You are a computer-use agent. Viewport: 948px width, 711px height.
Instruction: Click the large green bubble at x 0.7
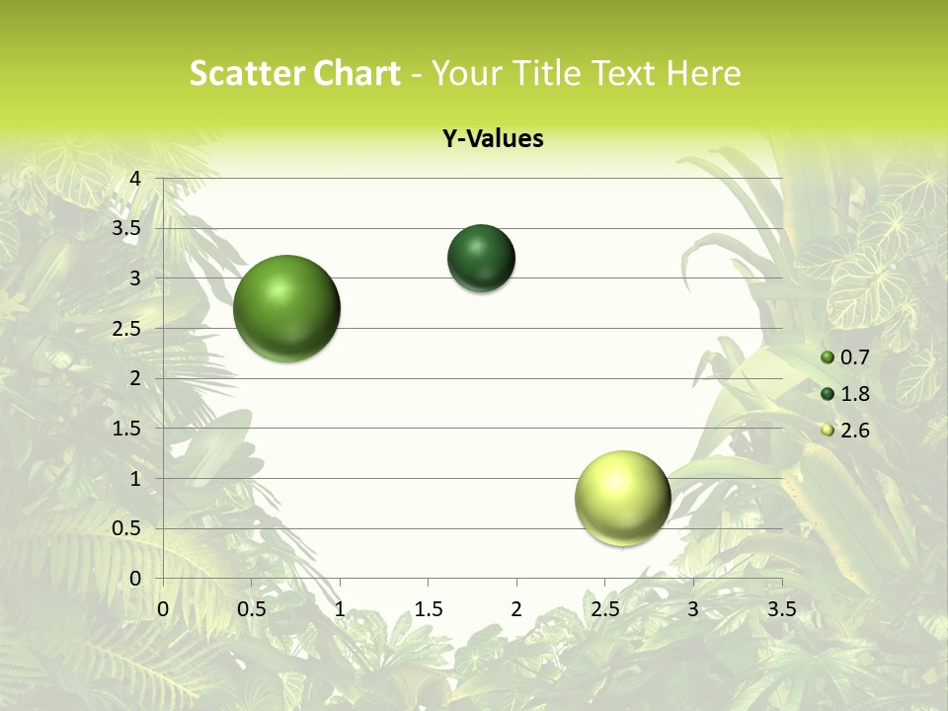pyautogui.click(x=286, y=308)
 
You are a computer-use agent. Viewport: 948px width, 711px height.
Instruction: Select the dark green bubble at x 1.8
pyautogui.click(x=481, y=258)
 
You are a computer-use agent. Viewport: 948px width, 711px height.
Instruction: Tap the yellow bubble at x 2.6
pyautogui.click(x=622, y=498)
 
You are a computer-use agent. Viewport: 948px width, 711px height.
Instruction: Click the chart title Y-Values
pyautogui.click(x=492, y=139)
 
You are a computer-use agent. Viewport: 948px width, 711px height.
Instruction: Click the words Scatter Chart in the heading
pyautogui.click(x=294, y=73)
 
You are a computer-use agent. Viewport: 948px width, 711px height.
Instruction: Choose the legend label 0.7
pyautogui.click(x=854, y=357)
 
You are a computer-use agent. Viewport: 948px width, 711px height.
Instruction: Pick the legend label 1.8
pyautogui.click(x=854, y=394)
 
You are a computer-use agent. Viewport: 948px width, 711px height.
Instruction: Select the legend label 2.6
pyautogui.click(x=854, y=431)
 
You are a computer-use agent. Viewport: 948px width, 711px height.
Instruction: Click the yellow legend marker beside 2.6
pyautogui.click(x=828, y=431)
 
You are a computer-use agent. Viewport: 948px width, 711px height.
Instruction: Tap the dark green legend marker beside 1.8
pyautogui.click(x=828, y=394)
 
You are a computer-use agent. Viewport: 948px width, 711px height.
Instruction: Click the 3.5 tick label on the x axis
pyautogui.click(x=781, y=609)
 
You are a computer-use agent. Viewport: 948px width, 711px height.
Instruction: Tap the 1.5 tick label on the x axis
pyautogui.click(x=428, y=609)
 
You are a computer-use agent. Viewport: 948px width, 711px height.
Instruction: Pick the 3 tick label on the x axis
pyautogui.click(x=692, y=609)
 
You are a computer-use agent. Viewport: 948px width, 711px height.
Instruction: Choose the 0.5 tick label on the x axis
pyautogui.click(x=251, y=609)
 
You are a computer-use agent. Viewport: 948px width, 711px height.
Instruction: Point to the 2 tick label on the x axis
pyautogui.click(x=515, y=609)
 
